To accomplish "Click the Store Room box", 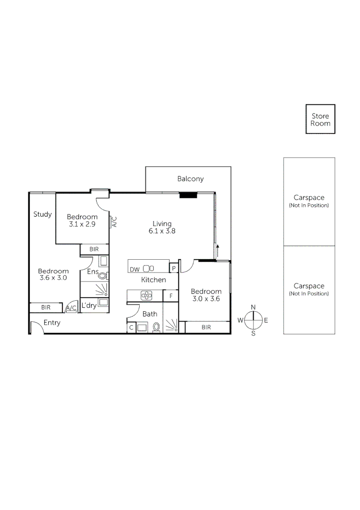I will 320,119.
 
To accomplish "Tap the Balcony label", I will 191,178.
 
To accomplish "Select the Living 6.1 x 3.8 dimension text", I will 162,231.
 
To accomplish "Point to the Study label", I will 42,214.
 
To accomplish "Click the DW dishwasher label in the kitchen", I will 134,269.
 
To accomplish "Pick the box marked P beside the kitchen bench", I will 174,269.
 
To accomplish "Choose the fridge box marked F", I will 170,297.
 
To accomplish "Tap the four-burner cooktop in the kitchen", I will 146,296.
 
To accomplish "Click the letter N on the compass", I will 253,307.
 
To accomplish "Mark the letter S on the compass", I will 253,333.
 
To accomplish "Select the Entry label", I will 52,323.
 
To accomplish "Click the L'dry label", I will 89,306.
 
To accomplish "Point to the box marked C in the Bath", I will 131,327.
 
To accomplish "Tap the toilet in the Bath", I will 157,326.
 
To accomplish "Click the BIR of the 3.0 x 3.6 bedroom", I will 206,327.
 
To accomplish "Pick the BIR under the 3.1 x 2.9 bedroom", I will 94,249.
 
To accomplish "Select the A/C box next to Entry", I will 71,308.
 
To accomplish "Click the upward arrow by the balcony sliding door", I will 218,248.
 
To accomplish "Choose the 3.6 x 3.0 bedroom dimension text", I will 53,278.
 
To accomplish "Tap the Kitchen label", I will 153,280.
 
